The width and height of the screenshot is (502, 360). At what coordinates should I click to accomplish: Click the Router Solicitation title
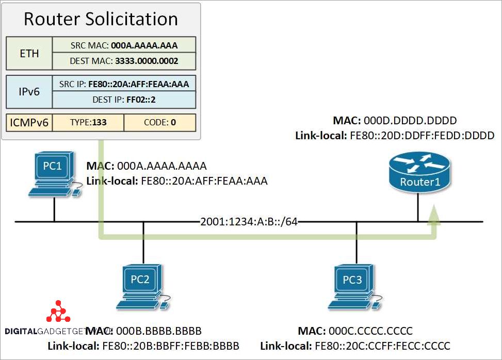[x=101, y=19]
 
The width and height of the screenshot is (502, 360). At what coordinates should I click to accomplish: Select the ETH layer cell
[x=29, y=53]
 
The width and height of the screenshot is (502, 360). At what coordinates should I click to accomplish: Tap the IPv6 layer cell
[x=29, y=91]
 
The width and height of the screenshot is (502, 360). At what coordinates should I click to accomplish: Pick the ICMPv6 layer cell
[x=29, y=122]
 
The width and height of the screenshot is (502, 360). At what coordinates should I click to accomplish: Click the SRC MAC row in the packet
[x=124, y=45]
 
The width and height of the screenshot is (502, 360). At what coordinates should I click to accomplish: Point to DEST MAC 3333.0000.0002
[x=124, y=61]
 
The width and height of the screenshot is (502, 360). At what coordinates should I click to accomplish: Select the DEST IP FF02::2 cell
[x=124, y=100]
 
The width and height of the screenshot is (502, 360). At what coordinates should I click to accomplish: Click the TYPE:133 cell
[x=88, y=122]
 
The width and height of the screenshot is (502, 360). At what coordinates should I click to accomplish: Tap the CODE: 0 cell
[x=159, y=122]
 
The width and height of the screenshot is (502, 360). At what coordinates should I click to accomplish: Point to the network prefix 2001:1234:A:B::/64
[x=249, y=222]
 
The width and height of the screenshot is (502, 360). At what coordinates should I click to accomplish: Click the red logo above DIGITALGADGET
[x=58, y=311]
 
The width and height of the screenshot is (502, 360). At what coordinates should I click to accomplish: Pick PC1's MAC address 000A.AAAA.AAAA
[x=162, y=166]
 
